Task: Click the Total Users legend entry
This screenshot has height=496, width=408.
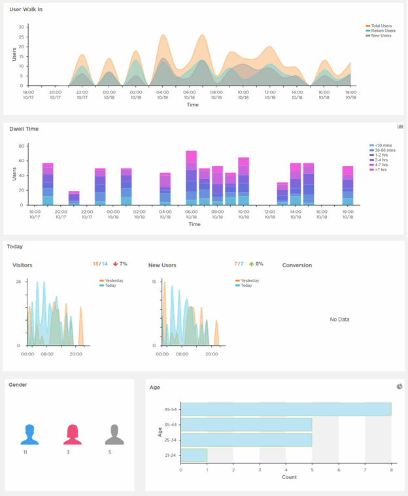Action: tap(381, 25)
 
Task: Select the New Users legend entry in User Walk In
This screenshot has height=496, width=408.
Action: tap(381, 35)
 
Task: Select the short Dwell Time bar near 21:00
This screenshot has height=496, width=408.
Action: tap(74, 198)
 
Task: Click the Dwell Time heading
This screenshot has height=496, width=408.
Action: tap(24, 129)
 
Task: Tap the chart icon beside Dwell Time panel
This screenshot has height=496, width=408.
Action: tap(400, 126)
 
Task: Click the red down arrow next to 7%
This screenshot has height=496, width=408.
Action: tap(115, 264)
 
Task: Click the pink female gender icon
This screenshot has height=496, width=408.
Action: tap(71, 434)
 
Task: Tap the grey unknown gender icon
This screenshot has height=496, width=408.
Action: tap(114, 434)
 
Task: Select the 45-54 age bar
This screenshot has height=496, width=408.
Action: tap(286, 409)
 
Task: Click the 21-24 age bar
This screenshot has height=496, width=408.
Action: tap(194, 455)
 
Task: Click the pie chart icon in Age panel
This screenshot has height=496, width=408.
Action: tap(399, 387)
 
